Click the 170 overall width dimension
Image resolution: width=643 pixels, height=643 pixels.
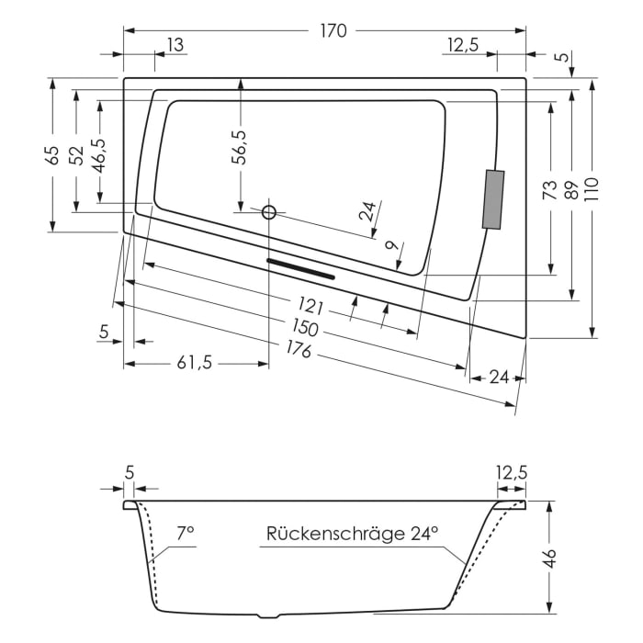333,30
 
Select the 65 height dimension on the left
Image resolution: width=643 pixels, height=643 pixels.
52,154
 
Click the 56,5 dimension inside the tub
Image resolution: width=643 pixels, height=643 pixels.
240,147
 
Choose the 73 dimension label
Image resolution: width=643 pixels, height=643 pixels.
549,190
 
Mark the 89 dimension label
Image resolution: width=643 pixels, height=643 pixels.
570,190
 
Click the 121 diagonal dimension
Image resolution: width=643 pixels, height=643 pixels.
311,305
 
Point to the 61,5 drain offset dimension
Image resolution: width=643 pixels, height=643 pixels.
194,363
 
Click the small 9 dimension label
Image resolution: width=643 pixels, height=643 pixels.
392,246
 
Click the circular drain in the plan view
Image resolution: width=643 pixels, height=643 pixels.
269,212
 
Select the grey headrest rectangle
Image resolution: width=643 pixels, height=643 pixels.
493,199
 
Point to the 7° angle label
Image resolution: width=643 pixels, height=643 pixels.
186,532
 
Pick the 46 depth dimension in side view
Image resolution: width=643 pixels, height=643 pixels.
550,558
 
